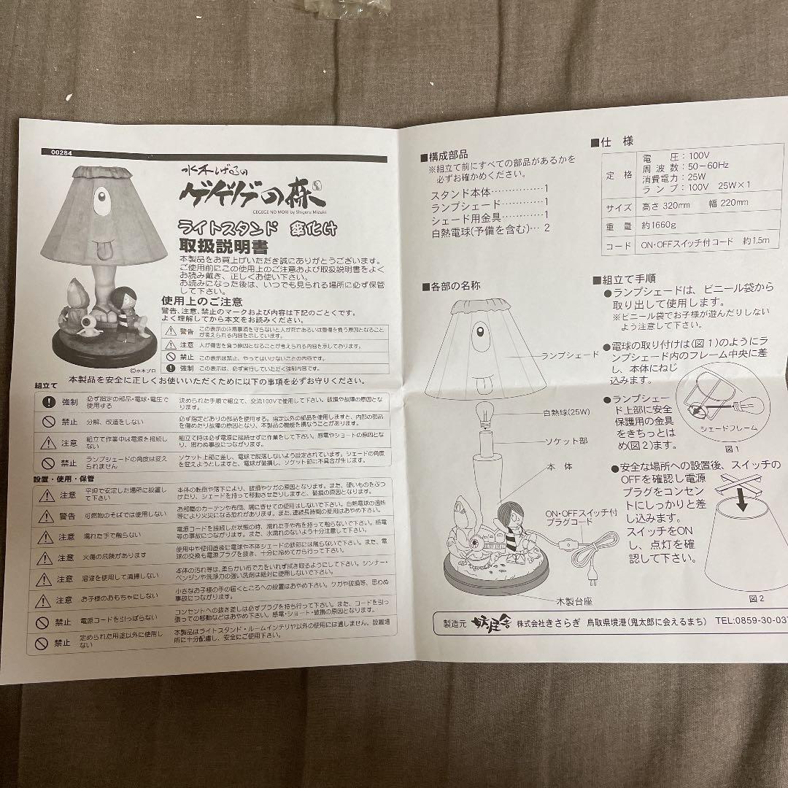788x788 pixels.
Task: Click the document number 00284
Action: pyautogui.click(x=63, y=152)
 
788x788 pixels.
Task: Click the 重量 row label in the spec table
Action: pyautogui.click(x=614, y=227)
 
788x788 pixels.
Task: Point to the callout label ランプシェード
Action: pyautogui.click(x=570, y=355)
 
